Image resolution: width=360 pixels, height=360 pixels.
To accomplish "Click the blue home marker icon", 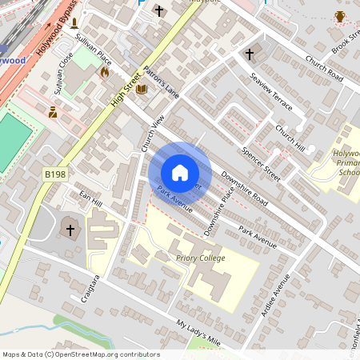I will [x=180, y=173].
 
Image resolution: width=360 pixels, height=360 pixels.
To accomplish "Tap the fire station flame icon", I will [x=104, y=72].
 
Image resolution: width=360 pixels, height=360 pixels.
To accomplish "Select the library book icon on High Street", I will [x=142, y=89].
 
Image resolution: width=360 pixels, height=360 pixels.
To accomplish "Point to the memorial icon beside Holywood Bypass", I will [x=74, y=23].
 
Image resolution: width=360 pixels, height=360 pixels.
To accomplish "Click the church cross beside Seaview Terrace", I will [x=249, y=54].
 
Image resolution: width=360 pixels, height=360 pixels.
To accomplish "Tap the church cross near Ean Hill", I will [x=70, y=230].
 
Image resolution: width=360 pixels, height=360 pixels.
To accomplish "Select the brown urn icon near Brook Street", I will [x=339, y=17].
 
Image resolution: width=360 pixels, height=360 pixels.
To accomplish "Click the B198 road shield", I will [x=55, y=174].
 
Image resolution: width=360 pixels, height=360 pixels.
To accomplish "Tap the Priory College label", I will [x=200, y=258].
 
